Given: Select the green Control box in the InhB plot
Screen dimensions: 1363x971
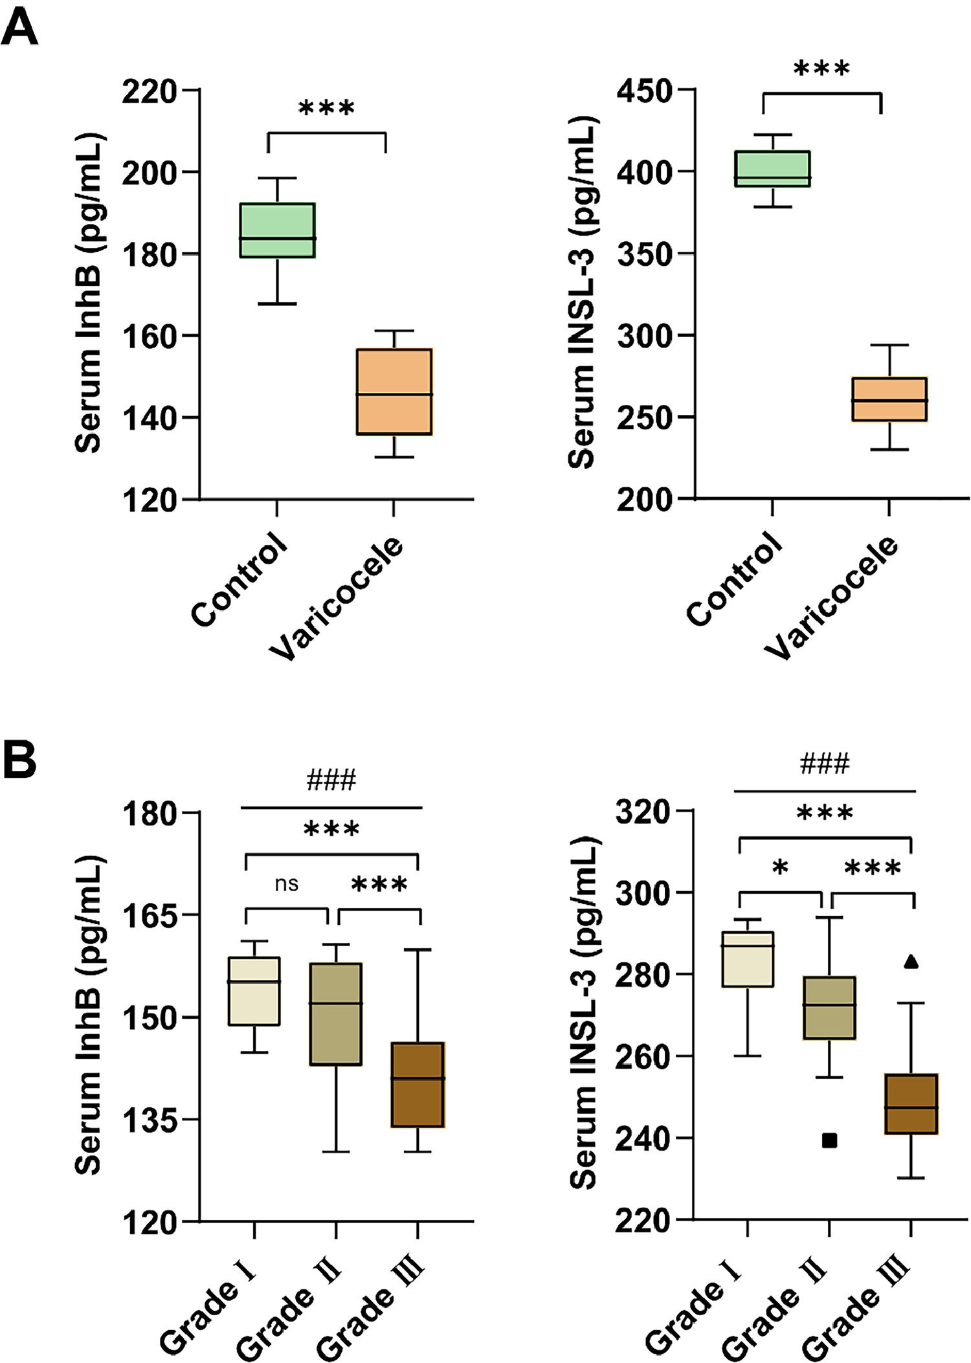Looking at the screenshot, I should pyautogui.click(x=277, y=230).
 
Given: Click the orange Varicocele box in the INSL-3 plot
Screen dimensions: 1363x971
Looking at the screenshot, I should pyautogui.click(x=889, y=399).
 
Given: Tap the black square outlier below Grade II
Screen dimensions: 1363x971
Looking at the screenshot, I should pyautogui.click(x=829, y=1140).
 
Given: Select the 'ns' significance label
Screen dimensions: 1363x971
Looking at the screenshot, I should pyautogui.click(x=286, y=884).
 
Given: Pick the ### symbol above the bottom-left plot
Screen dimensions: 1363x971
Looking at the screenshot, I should pyautogui.click(x=331, y=781).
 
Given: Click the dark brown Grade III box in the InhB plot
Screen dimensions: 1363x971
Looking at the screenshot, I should pyautogui.click(x=418, y=1084).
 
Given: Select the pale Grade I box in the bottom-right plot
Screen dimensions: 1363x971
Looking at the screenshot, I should pyautogui.click(x=748, y=959).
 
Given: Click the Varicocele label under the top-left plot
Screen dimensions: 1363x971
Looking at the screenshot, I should pyautogui.click(x=337, y=599).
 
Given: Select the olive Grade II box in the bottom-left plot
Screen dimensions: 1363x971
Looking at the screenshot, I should pyautogui.click(x=336, y=1014).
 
